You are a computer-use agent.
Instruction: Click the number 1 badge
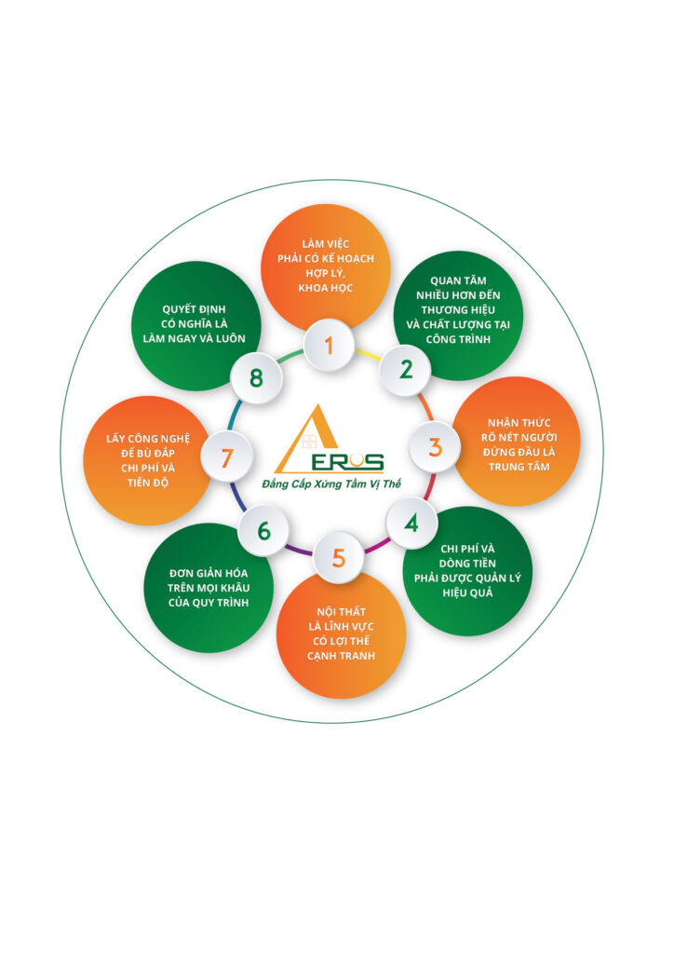(x=328, y=346)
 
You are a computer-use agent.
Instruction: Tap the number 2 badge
(x=406, y=369)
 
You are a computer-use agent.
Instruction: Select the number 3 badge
(x=435, y=446)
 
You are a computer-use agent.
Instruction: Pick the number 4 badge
(x=411, y=523)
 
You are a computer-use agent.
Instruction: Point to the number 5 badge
(x=338, y=558)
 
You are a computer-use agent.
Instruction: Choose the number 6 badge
(x=264, y=531)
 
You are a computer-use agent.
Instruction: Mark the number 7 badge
(x=225, y=457)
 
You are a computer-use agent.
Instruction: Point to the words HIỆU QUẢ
(x=466, y=593)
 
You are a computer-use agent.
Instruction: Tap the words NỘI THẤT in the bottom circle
(x=340, y=611)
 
